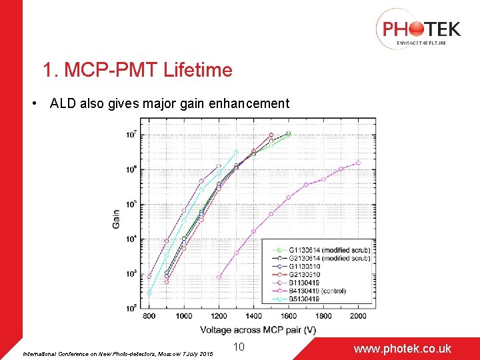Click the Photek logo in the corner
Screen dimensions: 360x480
point(418,29)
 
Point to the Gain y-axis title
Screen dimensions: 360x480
point(117,219)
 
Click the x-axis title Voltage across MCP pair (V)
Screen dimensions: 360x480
point(258,330)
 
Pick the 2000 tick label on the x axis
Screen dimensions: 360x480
point(358,316)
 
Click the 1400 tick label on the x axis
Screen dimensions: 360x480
point(253,316)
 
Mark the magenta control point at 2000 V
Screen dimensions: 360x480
point(358,163)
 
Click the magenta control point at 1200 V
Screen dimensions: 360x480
point(219,277)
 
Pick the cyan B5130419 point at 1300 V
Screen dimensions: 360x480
point(236,152)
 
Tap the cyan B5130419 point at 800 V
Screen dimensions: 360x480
point(149,293)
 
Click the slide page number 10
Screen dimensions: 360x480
point(240,347)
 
